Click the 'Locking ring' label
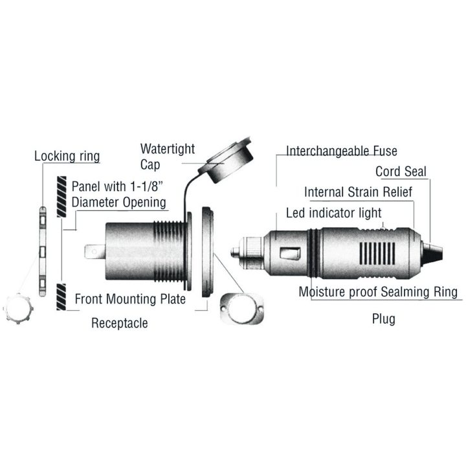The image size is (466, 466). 67,157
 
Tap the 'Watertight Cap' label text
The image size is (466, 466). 168,157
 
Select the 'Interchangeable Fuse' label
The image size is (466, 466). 342,151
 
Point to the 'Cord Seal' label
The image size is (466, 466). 401,172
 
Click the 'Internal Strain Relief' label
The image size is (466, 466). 358,192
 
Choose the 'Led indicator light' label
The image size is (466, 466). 333,213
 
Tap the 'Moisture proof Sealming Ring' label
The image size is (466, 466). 378,292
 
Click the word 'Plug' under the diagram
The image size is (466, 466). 384,319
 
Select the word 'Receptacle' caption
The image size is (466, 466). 120,323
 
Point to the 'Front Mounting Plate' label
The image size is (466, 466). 130,299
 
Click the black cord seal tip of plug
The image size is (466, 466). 432,254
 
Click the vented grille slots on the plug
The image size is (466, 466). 377,253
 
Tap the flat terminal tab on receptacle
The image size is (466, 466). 94,252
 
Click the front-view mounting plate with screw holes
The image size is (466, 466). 242,309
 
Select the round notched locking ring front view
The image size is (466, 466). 18,309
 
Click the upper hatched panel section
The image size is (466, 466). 61,197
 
